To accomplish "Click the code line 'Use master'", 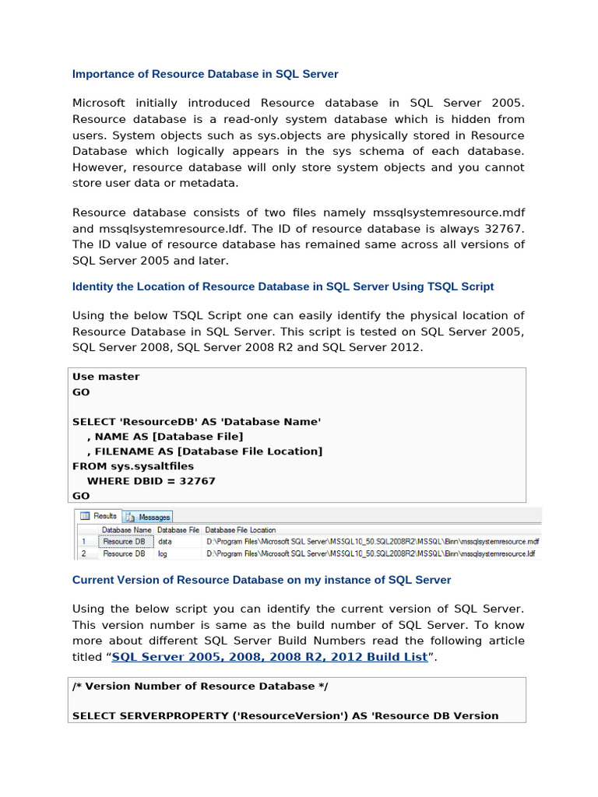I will (106, 377).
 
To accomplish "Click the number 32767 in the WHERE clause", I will (196, 481).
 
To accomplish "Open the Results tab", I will (99, 516).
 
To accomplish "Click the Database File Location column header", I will (241, 529).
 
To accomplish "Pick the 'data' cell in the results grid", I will (165, 542).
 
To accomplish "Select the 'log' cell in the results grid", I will (163, 554).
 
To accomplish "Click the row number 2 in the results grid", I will (84, 554).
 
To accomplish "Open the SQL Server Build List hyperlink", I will (269, 657).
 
